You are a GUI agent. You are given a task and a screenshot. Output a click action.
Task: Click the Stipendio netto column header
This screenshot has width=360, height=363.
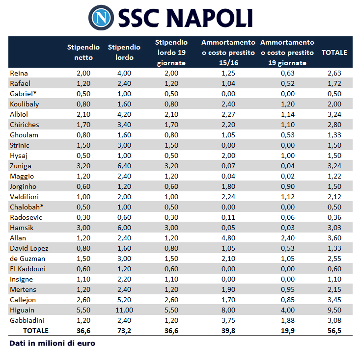[x=83, y=52]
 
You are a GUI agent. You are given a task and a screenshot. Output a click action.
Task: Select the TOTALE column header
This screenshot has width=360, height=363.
[x=334, y=52]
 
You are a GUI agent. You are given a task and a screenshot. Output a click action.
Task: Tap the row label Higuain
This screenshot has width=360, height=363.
[x=22, y=310]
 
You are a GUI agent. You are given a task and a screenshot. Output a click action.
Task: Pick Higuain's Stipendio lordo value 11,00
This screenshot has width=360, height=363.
[x=124, y=310]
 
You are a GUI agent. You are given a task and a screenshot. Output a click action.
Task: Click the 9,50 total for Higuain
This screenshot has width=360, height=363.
[x=334, y=310]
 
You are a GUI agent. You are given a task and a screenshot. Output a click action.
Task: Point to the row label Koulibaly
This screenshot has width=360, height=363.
[x=25, y=104]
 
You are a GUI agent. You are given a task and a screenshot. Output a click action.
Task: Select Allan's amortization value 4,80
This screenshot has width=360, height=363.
[x=228, y=238]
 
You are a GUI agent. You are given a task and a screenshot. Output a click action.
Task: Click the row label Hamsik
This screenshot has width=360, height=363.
[x=21, y=228]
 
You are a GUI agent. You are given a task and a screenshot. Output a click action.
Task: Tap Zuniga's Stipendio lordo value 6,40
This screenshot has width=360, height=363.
[x=124, y=166]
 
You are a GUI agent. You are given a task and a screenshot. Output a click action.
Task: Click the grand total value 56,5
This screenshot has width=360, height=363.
[x=334, y=331]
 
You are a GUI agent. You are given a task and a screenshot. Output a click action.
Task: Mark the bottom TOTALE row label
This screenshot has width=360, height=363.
[x=36, y=331]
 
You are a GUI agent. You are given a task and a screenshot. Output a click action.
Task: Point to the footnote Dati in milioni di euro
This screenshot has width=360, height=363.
[x=52, y=343]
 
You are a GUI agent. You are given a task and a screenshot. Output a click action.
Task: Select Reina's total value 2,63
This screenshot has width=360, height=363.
[x=334, y=73]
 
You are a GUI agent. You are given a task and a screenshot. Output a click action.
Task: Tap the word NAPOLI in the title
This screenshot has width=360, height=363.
[x=209, y=18]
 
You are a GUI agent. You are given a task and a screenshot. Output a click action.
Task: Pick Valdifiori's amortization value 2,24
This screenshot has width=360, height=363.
[x=228, y=197]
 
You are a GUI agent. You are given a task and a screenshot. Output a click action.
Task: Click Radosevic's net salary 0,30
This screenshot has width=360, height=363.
[x=83, y=217]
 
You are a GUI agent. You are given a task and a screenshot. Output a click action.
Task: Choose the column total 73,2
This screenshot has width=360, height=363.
[x=124, y=331]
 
